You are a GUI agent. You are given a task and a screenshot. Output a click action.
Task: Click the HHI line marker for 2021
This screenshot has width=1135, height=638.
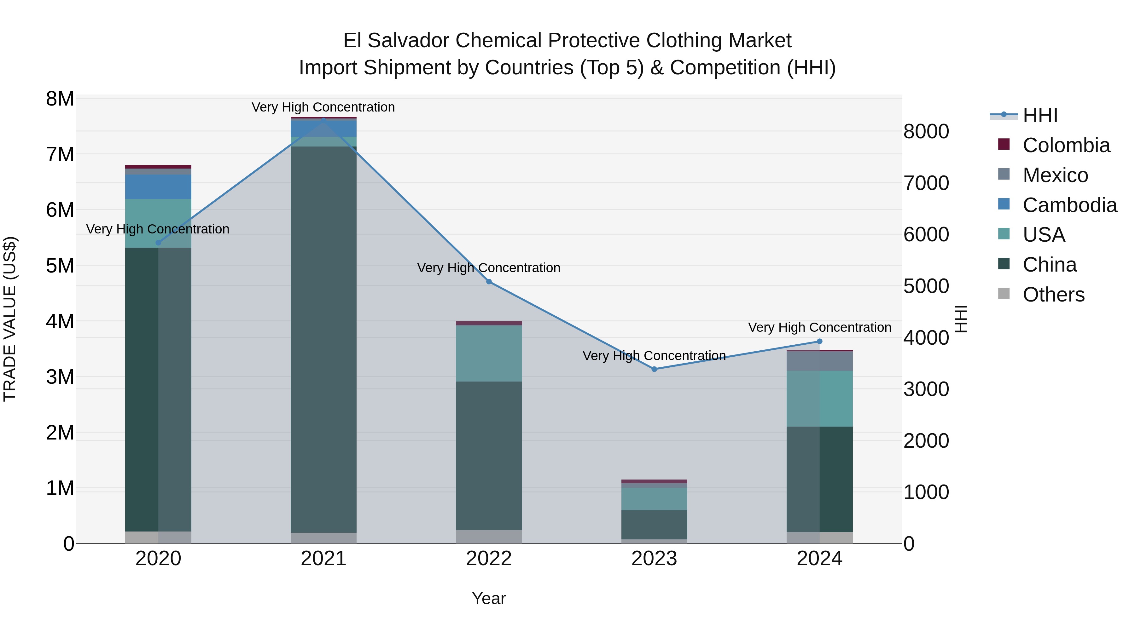click(323, 119)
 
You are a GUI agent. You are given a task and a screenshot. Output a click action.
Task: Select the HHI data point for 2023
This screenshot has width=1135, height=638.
click(654, 369)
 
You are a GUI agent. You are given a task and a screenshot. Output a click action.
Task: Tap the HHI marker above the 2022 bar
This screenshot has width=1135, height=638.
click(489, 281)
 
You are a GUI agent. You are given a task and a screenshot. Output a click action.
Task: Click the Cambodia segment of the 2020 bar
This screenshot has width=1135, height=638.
click(158, 187)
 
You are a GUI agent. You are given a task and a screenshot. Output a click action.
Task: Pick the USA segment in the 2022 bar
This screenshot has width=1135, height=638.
click(489, 353)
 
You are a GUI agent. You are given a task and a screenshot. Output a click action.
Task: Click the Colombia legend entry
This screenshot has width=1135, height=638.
click(1066, 145)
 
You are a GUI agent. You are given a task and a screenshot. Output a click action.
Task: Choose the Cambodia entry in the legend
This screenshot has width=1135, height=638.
click(1069, 205)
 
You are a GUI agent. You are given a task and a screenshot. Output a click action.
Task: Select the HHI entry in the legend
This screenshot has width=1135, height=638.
click(1040, 115)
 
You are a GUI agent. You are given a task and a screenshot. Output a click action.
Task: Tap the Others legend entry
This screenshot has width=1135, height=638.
click(1053, 295)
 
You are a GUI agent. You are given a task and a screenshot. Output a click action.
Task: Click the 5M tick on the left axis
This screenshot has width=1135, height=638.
click(60, 266)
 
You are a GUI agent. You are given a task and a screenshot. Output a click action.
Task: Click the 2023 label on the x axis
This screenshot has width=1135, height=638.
click(654, 559)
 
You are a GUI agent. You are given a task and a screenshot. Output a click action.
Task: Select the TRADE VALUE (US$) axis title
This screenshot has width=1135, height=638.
click(10, 319)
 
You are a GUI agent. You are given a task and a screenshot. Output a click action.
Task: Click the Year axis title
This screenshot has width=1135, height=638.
click(489, 598)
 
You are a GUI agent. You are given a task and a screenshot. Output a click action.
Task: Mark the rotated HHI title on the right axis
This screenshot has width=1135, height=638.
click(961, 319)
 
